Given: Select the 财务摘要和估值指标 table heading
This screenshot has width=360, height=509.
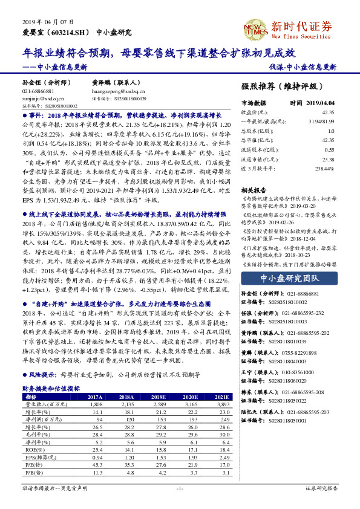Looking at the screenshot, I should pos(51,389).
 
